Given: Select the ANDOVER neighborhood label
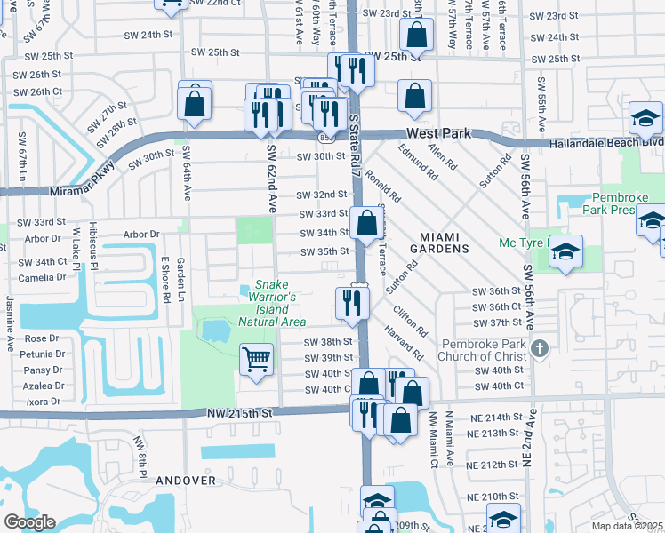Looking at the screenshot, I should (186, 480).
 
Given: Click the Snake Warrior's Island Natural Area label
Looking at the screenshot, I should (272, 303).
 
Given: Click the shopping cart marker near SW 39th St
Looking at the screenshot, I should (256, 361).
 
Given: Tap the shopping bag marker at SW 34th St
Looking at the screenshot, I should (366, 224).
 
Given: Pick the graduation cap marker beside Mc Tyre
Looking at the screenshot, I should (565, 252).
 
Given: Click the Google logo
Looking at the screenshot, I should (29, 522).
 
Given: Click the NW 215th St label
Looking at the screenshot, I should (239, 413).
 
